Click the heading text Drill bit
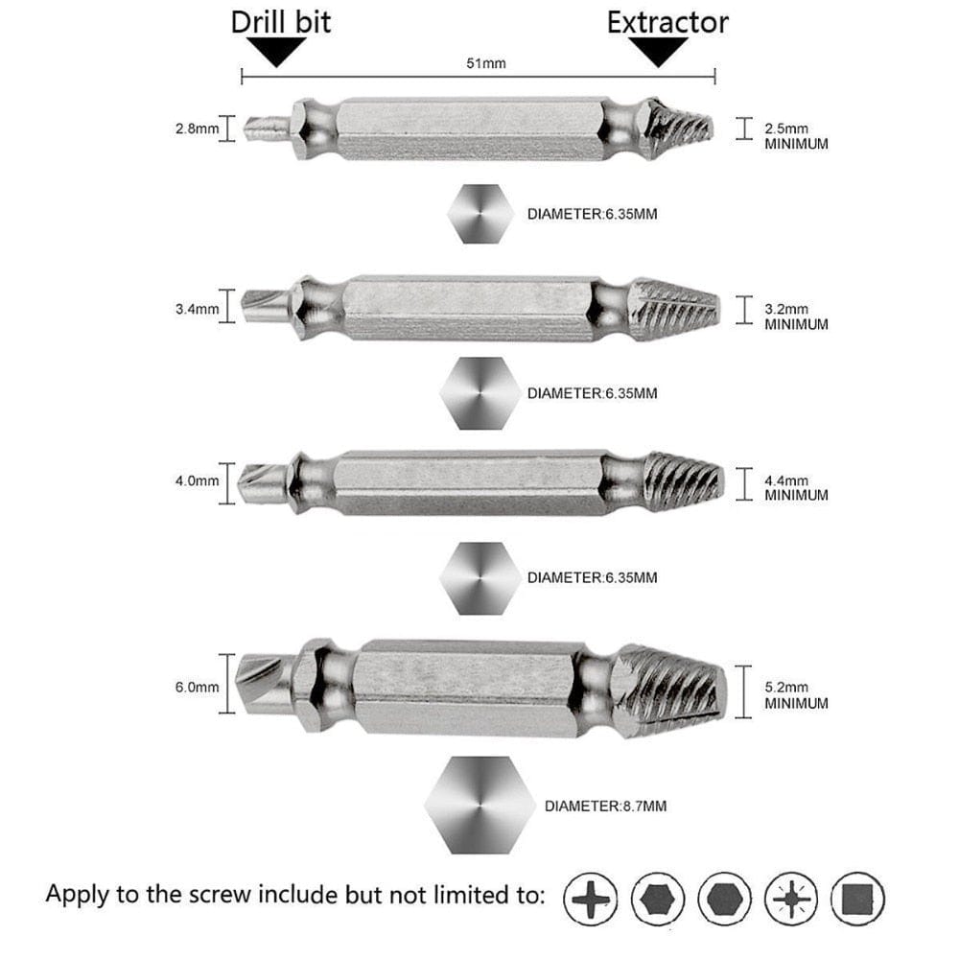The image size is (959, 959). point(281,22)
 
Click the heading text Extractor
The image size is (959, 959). point(667,22)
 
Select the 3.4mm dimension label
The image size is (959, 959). point(196,309)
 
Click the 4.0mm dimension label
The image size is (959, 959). point(196,481)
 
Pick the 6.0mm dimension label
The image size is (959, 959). point(196,687)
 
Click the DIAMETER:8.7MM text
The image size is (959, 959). point(605,807)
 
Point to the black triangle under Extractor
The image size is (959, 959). point(659,52)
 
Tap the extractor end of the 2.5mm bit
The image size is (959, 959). point(679,129)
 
